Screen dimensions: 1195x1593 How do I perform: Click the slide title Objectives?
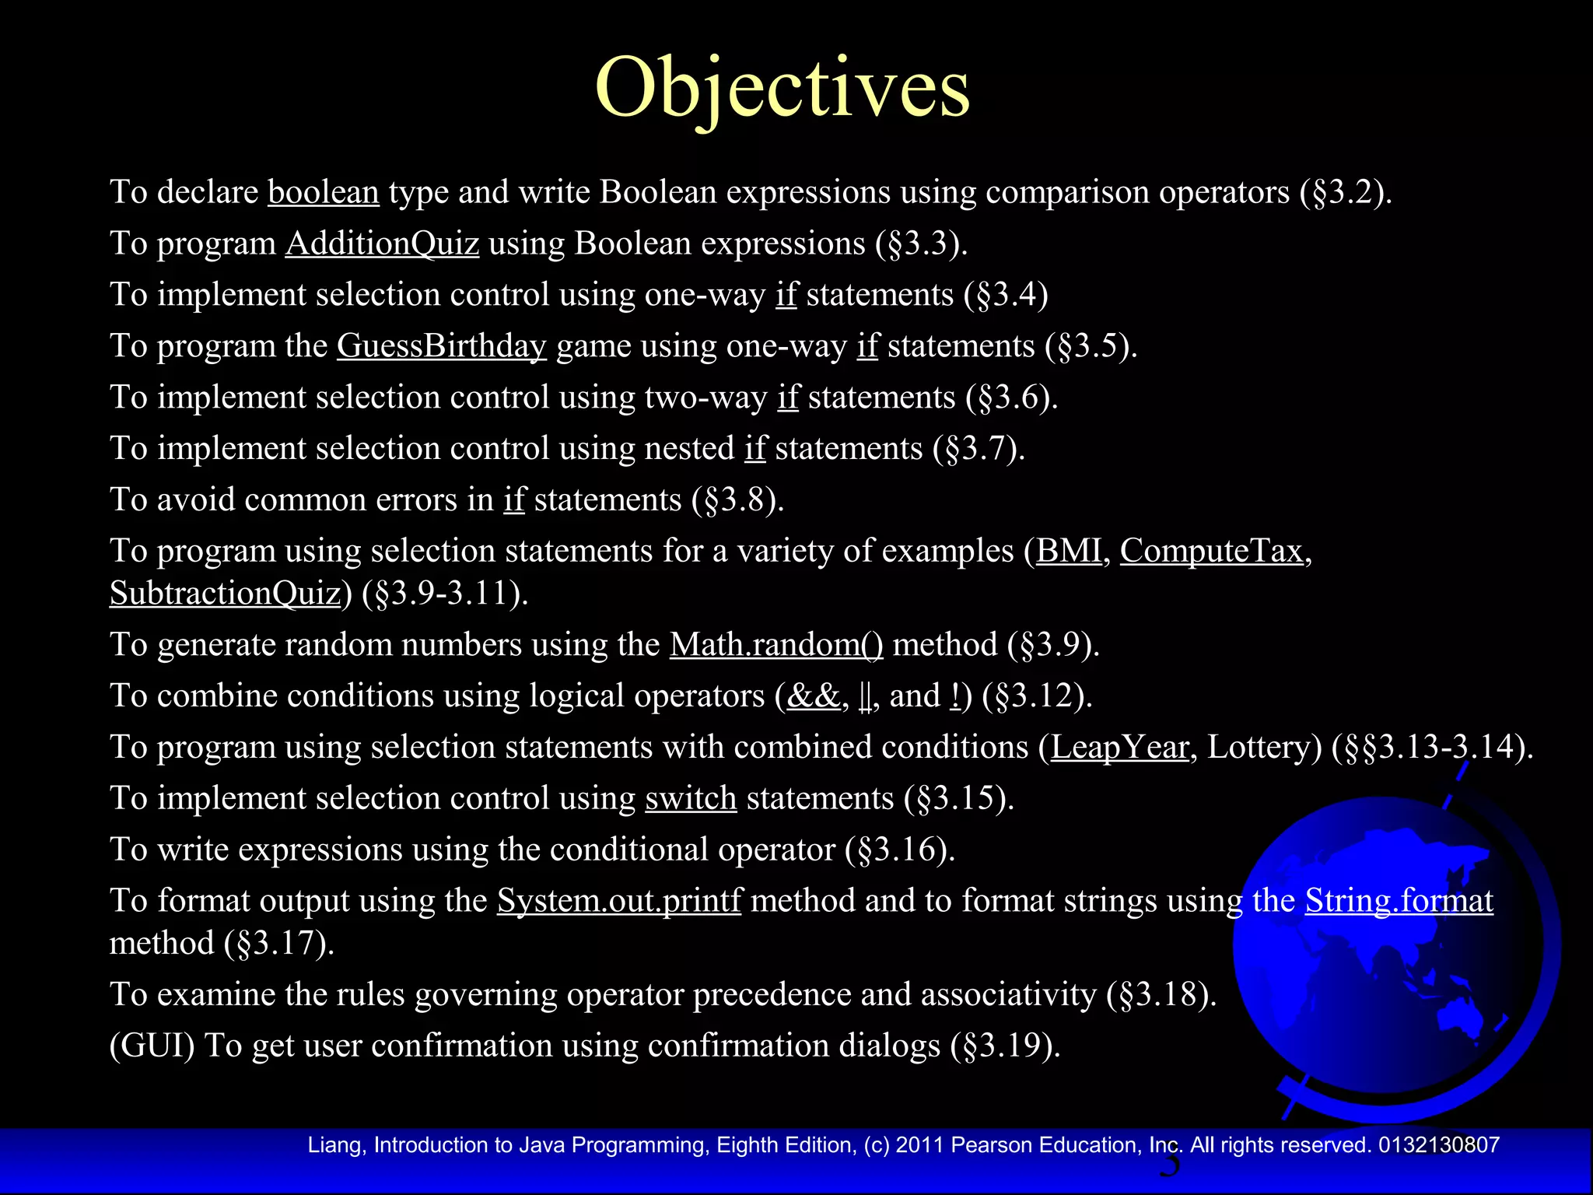[782, 87]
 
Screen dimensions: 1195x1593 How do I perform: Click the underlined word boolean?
[324, 192]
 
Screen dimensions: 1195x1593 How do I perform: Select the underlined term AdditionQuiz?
[382, 244]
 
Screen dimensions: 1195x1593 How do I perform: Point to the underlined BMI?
[1069, 551]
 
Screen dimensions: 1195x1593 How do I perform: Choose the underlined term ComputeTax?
[1211, 551]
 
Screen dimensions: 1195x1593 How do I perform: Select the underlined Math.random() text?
[776, 645]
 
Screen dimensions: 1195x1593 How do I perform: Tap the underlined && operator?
[814, 696]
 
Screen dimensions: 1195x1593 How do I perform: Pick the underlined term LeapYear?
[1120, 747]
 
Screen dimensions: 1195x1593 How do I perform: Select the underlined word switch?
[691, 798]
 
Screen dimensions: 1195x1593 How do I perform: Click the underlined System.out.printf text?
[619, 901]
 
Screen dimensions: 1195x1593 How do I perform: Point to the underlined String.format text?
[1399, 901]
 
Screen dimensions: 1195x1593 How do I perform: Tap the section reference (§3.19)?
[1005, 1046]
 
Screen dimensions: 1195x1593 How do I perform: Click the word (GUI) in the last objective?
[152, 1046]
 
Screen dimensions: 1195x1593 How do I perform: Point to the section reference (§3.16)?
[900, 850]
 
